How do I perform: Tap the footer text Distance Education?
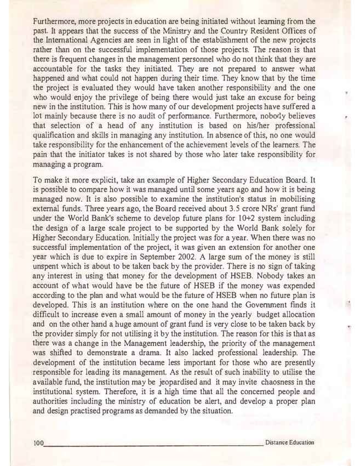pyautogui.click(x=289, y=442)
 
